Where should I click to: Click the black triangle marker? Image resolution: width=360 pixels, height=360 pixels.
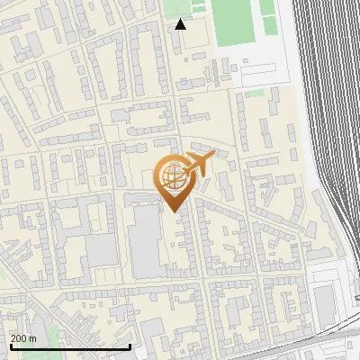[181, 24]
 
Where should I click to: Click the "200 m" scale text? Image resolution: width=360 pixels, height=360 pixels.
[23, 337]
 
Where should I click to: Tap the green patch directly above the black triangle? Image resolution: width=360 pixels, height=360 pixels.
[179, 6]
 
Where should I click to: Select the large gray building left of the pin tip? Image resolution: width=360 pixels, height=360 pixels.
[145, 239]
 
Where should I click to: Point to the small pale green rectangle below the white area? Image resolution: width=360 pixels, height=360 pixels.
[256, 92]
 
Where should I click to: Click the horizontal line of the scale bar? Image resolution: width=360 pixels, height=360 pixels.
[70, 346]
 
